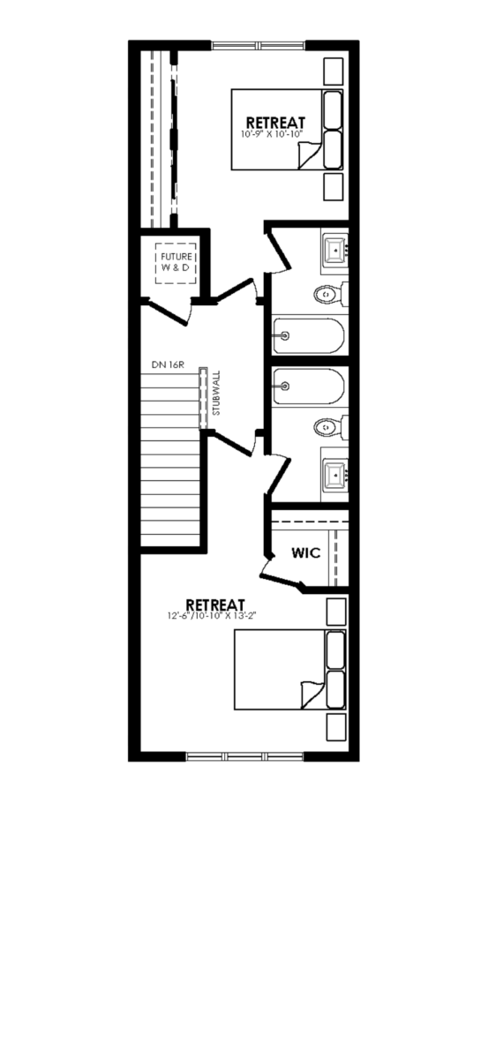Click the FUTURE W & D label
[x=176, y=262]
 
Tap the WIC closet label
[x=306, y=552]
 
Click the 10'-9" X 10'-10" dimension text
[x=272, y=134]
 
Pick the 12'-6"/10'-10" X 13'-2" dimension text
[x=212, y=616]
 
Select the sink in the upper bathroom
[x=335, y=249]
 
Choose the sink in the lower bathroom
[x=335, y=474]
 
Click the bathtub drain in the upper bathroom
[x=285, y=336]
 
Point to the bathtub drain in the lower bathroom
[x=285, y=387]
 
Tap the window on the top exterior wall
[x=259, y=45]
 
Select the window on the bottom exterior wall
[x=244, y=756]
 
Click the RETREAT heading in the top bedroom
[x=275, y=123]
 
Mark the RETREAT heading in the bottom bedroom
[x=215, y=605]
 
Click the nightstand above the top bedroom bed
[x=334, y=71]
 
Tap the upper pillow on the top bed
[x=333, y=109]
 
